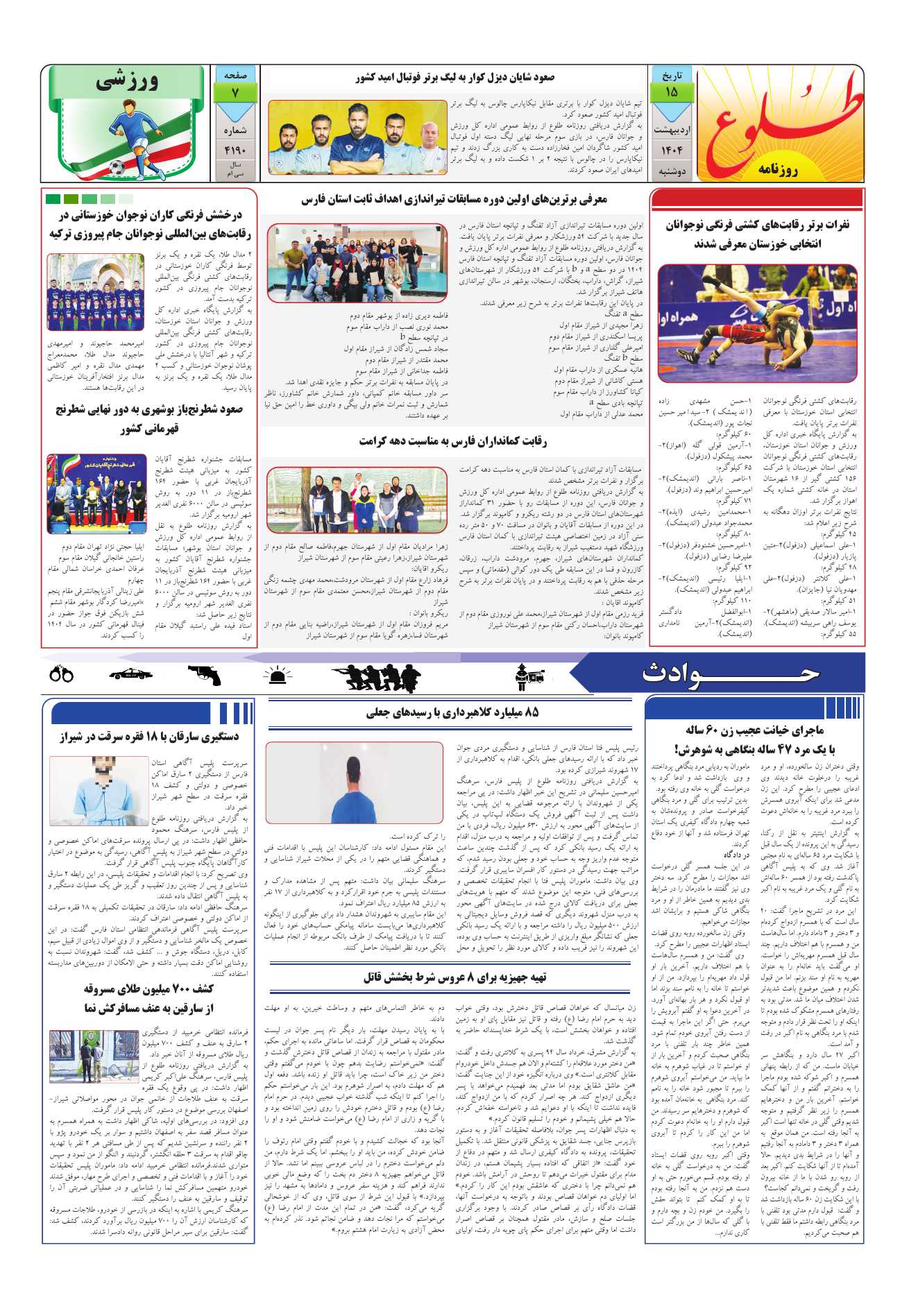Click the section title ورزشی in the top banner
point(128,82)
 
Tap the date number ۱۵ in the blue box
point(671,92)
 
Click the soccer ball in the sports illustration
point(117,167)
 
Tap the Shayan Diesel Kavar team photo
point(357,137)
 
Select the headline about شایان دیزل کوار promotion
point(454,78)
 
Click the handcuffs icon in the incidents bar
point(62,673)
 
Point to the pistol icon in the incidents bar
point(204,674)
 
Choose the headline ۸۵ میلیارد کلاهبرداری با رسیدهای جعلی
point(452,712)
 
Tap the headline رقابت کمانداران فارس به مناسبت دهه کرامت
point(452,441)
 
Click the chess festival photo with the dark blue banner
point(96,494)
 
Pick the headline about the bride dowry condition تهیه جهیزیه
point(454,977)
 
